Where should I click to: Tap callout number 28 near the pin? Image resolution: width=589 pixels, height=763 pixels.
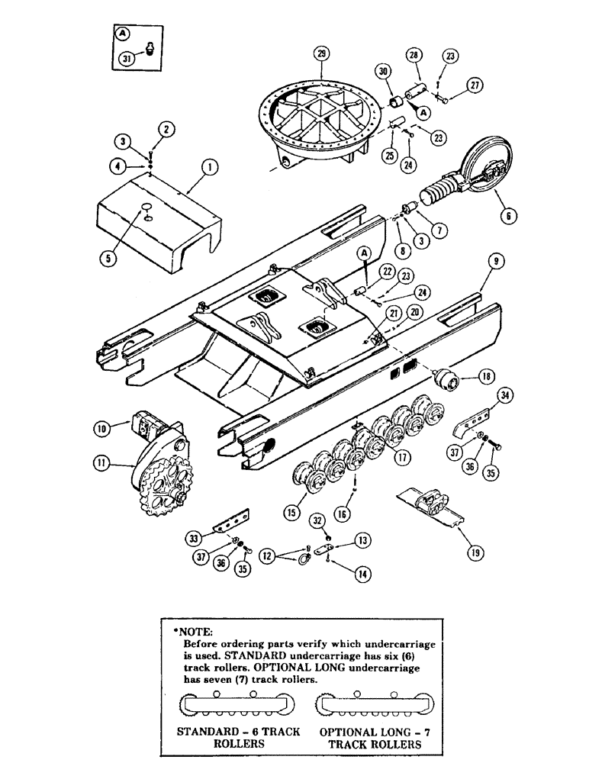(x=414, y=56)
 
